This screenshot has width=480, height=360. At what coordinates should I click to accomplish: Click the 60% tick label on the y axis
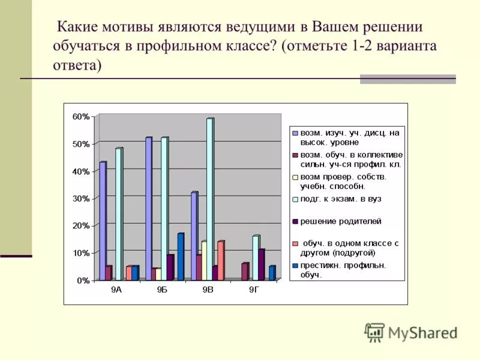[81, 117]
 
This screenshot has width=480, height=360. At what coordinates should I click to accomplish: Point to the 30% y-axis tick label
[81, 199]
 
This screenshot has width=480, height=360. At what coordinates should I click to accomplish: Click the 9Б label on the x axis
[163, 290]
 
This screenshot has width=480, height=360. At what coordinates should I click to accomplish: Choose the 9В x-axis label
[208, 290]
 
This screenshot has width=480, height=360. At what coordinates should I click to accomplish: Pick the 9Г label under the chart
[254, 290]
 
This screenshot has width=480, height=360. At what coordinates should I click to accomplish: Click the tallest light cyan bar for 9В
[209, 199]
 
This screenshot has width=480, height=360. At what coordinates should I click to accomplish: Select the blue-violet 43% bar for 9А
[103, 221]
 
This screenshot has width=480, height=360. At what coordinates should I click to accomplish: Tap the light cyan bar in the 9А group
[118, 214]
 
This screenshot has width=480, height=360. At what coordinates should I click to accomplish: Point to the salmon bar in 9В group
[220, 261]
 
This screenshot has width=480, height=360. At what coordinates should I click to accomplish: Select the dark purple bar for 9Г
[261, 265]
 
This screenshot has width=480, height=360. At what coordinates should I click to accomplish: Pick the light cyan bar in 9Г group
[256, 258]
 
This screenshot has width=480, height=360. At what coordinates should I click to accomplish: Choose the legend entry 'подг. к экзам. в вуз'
[341, 199]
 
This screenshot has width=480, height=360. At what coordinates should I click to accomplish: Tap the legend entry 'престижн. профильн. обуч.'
[343, 270]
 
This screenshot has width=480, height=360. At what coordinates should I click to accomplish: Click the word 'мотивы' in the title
[128, 28]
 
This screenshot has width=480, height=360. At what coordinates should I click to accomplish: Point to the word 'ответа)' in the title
[77, 65]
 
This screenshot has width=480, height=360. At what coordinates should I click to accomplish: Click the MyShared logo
[412, 332]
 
